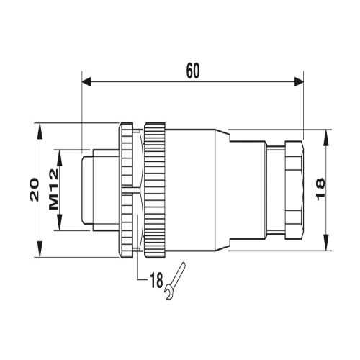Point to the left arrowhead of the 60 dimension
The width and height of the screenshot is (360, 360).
coord(86,81)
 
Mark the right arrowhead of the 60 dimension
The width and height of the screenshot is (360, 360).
coord(299,81)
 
